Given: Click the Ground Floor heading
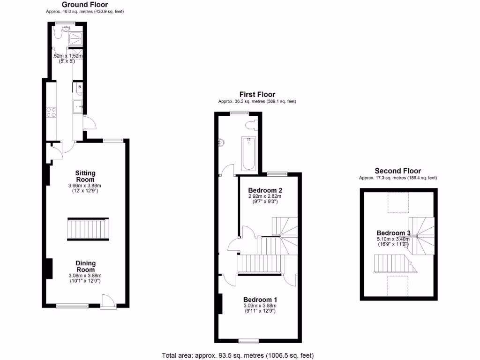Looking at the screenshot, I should [x=85, y=5].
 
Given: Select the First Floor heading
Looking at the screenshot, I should [x=257, y=95].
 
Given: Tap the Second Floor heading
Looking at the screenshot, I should [x=397, y=171].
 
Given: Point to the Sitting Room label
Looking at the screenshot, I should [x=85, y=176].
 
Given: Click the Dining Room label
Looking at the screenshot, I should [x=85, y=266].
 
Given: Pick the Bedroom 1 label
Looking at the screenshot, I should [x=260, y=300].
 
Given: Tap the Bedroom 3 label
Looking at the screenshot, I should [x=393, y=233].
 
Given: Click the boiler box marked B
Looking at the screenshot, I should [x=79, y=87].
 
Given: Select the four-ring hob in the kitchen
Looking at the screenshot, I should [x=52, y=112].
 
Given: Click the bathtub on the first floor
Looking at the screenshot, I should [x=248, y=153].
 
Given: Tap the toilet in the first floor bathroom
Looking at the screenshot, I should [x=251, y=124].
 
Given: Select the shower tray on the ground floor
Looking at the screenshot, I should [x=75, y=39].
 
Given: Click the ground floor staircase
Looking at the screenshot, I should [x=88, y=229].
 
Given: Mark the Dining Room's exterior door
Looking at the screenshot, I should [x=107, y=301].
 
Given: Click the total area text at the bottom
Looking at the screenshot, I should [x=238, y=355].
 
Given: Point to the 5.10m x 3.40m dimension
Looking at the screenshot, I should [x=393, y=239].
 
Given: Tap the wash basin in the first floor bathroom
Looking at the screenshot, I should [x=222, y=143].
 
